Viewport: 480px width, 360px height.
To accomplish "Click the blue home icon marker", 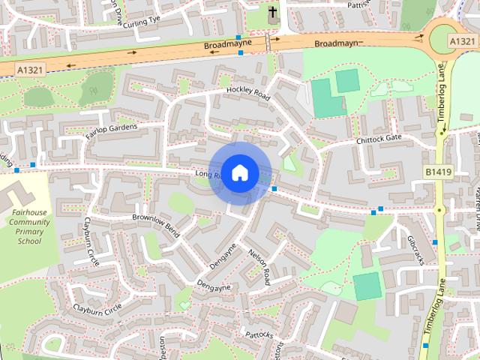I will pos(238,173).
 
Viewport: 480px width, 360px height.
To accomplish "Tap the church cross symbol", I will pos(272,13).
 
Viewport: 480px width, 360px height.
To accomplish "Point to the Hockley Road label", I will pos(247,94).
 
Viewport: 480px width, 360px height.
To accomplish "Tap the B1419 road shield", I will pos(439,172).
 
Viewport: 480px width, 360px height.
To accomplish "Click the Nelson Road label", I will pos(259,267).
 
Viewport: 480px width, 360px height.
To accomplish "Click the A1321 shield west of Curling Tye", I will pos(28,68).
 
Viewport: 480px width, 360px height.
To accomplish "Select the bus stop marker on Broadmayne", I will pos(238,37).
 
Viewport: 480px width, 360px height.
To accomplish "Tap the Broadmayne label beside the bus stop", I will pos(223,46).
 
